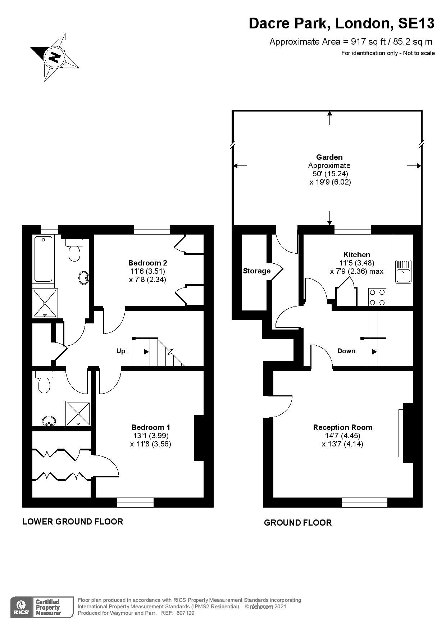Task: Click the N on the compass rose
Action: click(x=55, y=57)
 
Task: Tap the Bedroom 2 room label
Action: click(x=147, y=263)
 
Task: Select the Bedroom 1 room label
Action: click(x=151, y=427)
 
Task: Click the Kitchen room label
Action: click(x=357, y=255)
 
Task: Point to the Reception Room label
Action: click(x=343, y=427)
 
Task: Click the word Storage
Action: click(x=257, y=271)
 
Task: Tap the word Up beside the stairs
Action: click(x=120, y=351)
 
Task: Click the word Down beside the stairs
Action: click(x=346, y=351)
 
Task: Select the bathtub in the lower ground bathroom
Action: click(x=43, y=259)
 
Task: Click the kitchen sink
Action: click(x=403, y=272)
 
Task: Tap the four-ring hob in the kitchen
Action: click(x=377, y=298)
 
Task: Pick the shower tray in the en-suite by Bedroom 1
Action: click(x=78, y=413)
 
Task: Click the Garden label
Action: click(x=329, y=157)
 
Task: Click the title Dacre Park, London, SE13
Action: click(x=342, y=24)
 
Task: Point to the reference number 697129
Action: click(x=185, y=613)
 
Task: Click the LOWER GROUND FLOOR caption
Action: click(x=73, y=521)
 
